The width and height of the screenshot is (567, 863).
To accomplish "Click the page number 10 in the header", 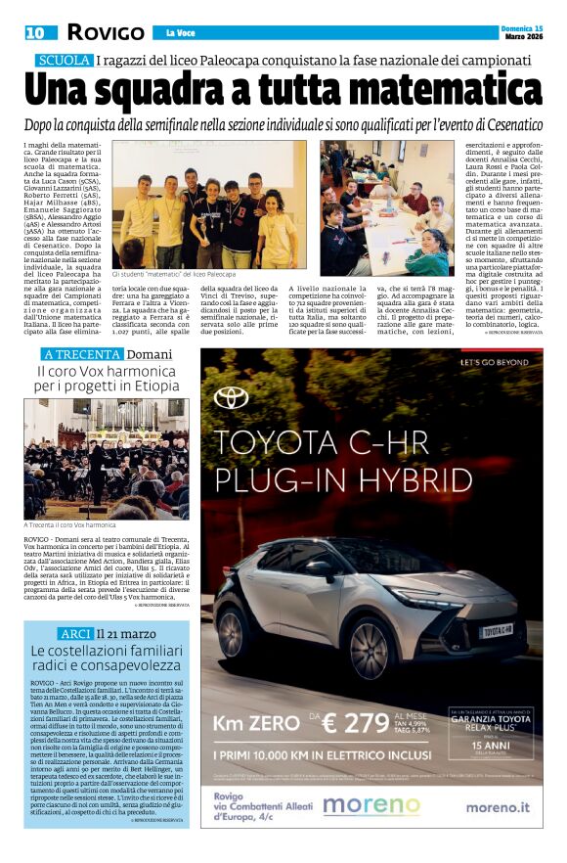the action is pyautogui.click(x=34, y=32).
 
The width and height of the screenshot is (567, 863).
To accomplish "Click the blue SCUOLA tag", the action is pyautogui.click(x=65, y=62).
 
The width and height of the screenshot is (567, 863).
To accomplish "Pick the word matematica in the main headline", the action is pyautogui.click(x=426, y=91).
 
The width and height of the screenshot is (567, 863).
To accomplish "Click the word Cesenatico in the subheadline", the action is pyautogui.click(x=516, y=125).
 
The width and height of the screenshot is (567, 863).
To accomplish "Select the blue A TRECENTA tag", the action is pyautogui.click(x=82, y=353).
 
